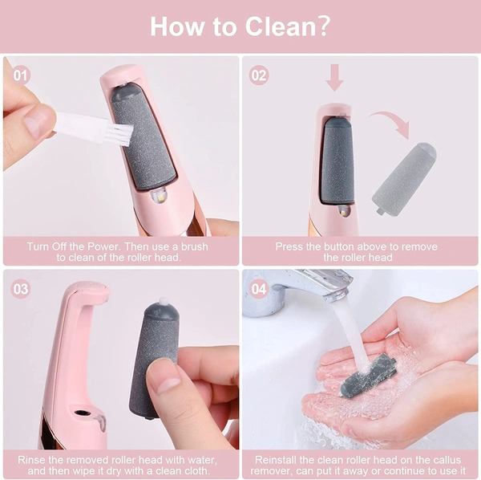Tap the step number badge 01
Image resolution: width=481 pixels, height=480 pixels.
click(x=20, y=75)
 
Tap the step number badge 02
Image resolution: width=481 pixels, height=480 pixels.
click(x=259, y=75)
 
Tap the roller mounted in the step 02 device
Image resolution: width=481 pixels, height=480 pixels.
click(x=338, y=161)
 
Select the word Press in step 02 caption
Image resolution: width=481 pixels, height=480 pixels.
click(x=290, y=246)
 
